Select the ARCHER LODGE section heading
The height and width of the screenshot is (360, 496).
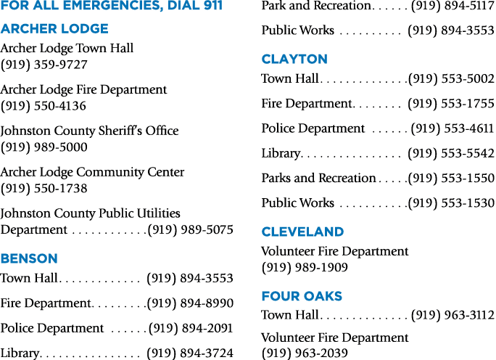coord(54,29)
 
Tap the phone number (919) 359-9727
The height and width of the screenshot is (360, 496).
coord(44,65)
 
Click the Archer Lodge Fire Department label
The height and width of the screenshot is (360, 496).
coord(83,89)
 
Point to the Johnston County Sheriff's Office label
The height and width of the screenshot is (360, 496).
coord(89,131)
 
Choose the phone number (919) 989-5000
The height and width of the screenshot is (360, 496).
coord(44,147)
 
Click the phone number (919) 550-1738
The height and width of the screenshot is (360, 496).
coord(44,189)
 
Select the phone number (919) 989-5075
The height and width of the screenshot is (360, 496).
coord(191,229)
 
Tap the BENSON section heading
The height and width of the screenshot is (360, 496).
coord(29,258)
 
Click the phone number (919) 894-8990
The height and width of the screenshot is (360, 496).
coord(191,303)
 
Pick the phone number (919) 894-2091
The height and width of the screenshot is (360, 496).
coord(191,328)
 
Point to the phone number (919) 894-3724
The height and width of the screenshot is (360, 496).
coord(190,353)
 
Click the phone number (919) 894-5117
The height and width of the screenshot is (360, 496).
coord(452,6)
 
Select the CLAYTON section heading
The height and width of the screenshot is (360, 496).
coord(294,60)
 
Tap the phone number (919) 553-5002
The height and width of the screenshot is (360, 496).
coord(451,78)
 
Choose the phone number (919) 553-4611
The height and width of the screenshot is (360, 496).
coord(452,128)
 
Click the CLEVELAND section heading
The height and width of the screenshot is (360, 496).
coord(302,232)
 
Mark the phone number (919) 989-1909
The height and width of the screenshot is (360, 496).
coord(305,268)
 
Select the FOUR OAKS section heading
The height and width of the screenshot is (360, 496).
coord(302,296)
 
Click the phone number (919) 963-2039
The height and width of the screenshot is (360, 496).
coord(305,353)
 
